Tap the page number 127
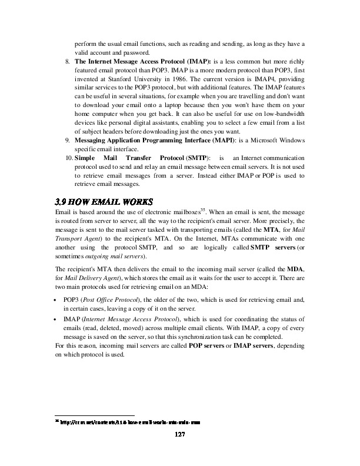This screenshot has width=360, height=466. pos(179,435)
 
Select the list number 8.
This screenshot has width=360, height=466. pos(68,61)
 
